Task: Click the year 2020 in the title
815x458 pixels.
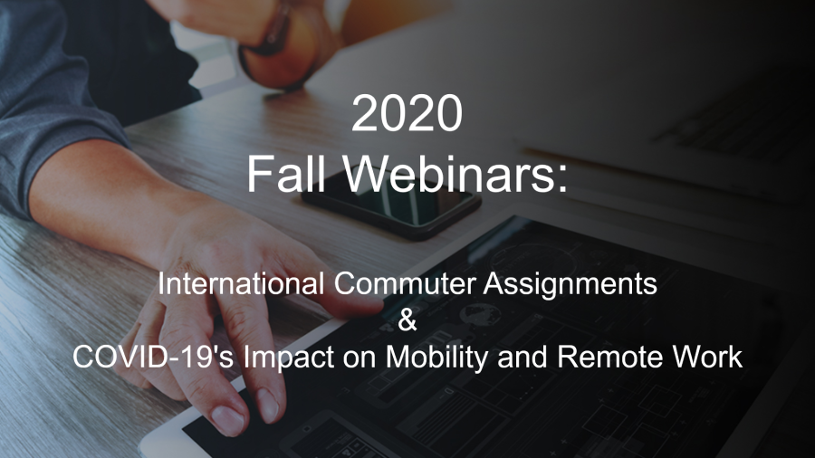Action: tap(407, 112)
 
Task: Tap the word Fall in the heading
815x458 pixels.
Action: tap(286, 174)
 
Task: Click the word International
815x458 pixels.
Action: tap(241, 284)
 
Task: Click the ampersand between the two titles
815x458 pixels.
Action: tap(407, 320)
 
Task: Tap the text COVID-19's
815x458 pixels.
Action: tap(153, 358)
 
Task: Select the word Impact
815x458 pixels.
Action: tap(289, 358)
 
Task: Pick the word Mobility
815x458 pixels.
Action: tap(437, 358)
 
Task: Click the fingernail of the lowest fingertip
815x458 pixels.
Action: tap(227, 419)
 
